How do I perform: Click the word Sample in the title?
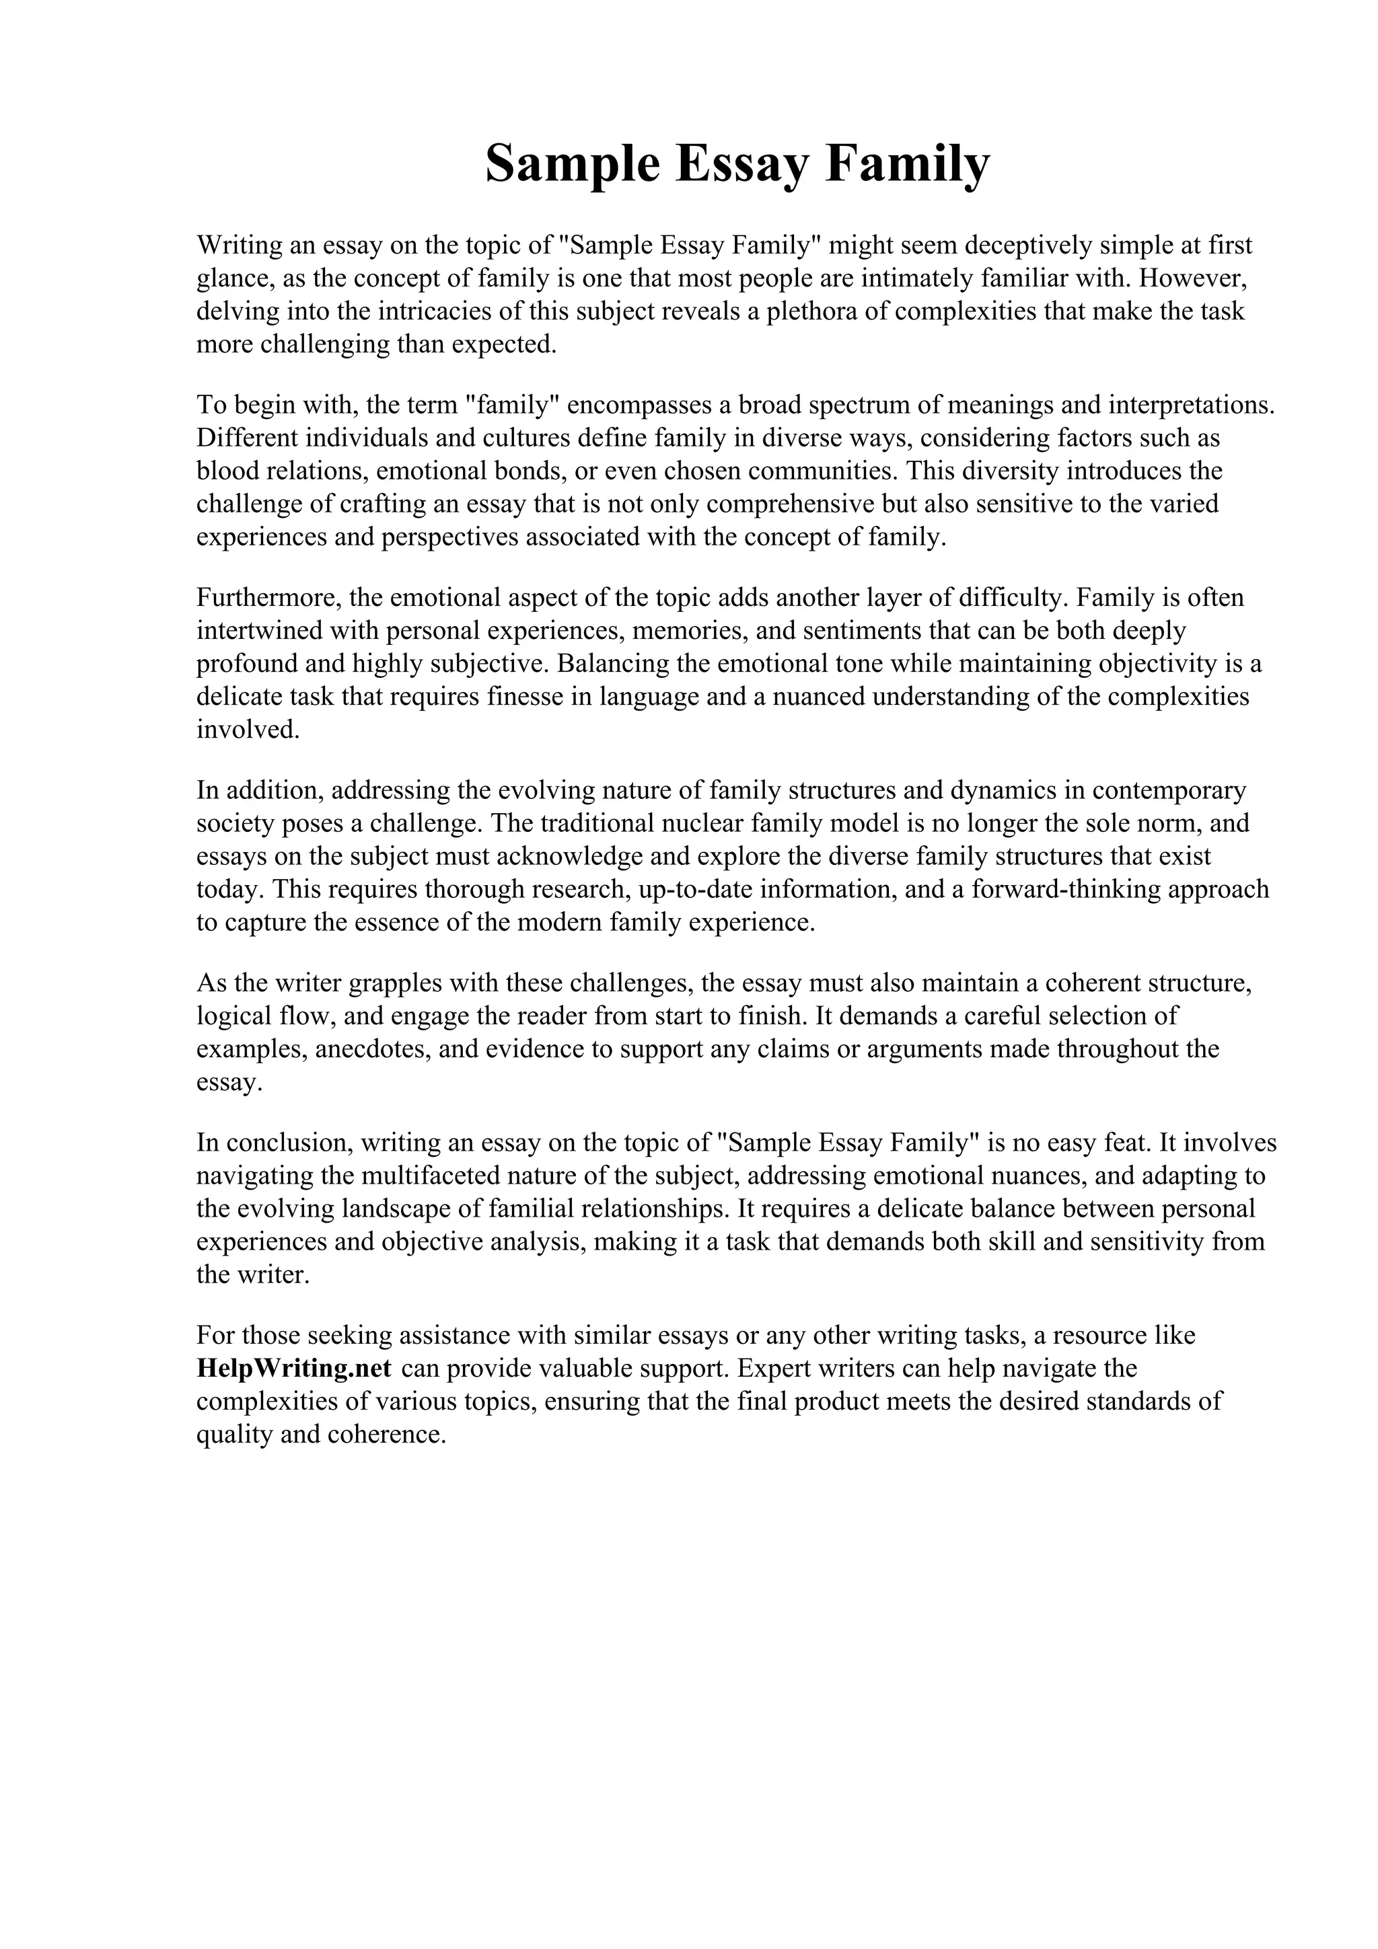pyautogui.click(x=572, y=164)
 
